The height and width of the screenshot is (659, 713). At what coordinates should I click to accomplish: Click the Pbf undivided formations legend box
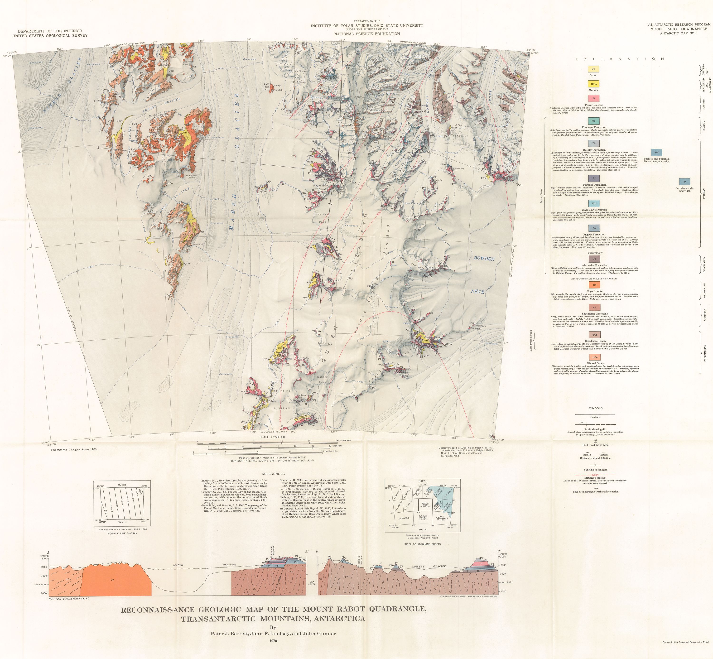(656, 153)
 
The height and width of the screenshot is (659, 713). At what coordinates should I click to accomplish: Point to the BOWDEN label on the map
(484, 259)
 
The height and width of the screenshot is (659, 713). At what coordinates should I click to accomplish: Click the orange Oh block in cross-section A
(113, 580)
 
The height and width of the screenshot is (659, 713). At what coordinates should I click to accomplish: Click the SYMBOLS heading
(595, 408)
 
